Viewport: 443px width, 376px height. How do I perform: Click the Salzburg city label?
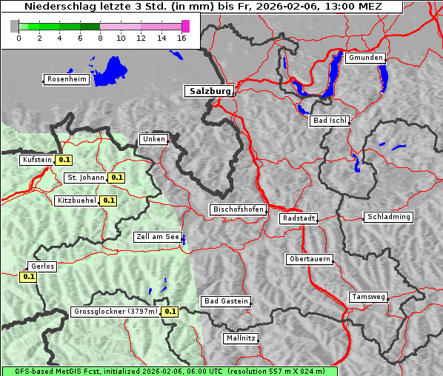tap(209, 91)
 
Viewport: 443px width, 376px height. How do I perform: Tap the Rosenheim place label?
tap(67, 79)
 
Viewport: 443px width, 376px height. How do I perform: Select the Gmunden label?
tap(365, 58)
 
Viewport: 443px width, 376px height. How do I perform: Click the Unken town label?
tap(153, 139)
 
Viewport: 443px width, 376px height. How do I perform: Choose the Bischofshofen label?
tap(238, 209)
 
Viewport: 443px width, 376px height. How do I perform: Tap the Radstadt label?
tap(299, 218)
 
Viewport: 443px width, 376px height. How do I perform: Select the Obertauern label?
tap(310, 259)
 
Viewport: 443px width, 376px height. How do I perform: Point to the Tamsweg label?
tap(368, 297)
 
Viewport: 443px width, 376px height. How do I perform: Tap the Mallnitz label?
tap(241, 338)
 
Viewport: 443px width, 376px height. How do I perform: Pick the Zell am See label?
tap(157, 237)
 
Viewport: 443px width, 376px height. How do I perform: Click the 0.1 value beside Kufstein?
tap(64, 160)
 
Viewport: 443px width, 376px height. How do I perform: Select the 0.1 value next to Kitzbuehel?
tap(109, 201)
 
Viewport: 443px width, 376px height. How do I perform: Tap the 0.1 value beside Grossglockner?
tap(170, 312)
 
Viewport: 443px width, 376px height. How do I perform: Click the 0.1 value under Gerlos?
tap(28, 277)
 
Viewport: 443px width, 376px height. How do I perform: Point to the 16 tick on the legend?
tap(182, 38)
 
